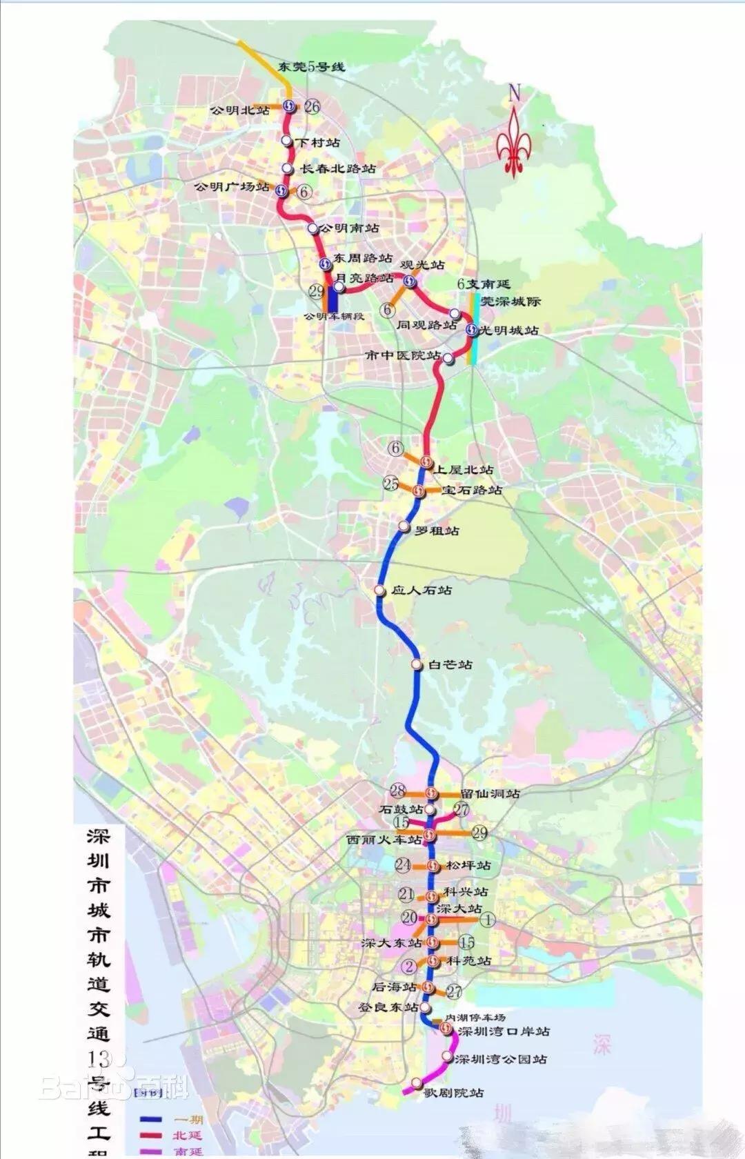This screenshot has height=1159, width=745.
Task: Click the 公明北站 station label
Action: coord(239,110)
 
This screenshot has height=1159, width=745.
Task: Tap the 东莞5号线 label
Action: coord(310,68)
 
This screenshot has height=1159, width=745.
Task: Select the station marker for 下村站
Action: coord(288,141)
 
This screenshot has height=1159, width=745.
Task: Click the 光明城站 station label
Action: coord(509,330)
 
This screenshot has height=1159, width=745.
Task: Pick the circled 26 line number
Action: coord(312,106)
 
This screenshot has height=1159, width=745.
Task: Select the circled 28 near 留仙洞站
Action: coord(397,791)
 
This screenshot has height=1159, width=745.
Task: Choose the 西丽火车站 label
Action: coord(384,840)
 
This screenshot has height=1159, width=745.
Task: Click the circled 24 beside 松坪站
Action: coord(403,865)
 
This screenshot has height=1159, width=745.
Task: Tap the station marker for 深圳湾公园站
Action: coord(448,1057)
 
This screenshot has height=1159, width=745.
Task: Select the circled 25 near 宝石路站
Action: coord(391,484)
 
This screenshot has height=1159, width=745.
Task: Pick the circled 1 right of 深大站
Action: coord(487,919)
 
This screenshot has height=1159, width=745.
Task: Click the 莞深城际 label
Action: coord(511,301)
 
